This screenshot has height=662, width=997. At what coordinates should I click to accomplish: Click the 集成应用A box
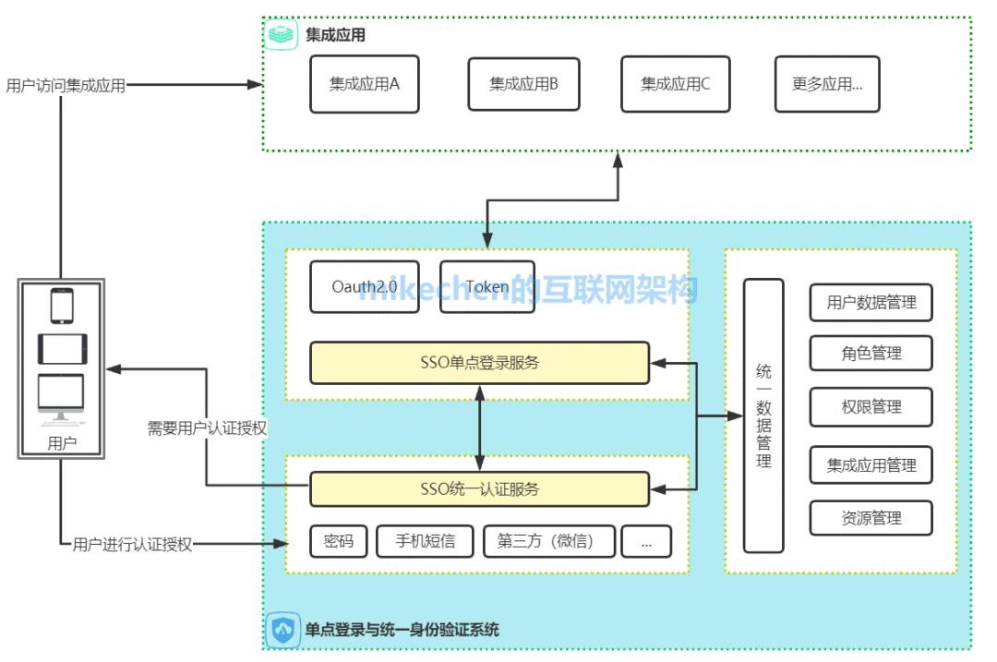pyautogui.click(x=364, y=84)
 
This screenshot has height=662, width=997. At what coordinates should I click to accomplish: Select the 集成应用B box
pyautogui.click(x=523, y=84)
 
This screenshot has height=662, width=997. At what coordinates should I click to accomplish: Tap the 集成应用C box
pyautogui.click(x=676, y=84)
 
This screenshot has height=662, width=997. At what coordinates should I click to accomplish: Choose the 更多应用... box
pyautogui.click(x=827, y=84)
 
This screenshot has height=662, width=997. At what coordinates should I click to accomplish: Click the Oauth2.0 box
pyautogui.click(x=365, y=287)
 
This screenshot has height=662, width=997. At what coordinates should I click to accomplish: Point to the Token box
pyautogui.click(x=487, y=287)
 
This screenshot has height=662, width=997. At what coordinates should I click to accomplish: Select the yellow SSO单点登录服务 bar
pyautogui.click(x=479, y=363)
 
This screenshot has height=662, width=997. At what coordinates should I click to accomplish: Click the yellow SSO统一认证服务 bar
pyautogui.click(x=479, y=489)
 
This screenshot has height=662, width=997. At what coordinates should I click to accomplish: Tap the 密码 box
pyautogui.click(x=339, y=542)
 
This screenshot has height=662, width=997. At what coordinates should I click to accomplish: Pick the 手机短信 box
pyautogui.click(x=426, y=542)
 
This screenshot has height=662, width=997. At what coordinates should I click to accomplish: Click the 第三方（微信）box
pyautogui.click(x=549, y=542)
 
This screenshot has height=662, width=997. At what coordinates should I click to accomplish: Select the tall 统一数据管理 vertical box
pyautogui.click(x=763, y=415)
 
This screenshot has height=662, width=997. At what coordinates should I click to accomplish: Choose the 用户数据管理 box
pyautogui.click(x=871, y=303)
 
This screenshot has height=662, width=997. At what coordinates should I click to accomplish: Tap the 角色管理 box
pyautogui.click(x=871, y=353)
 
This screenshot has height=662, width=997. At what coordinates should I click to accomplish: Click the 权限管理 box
pyautogui.click(x=871, y=407)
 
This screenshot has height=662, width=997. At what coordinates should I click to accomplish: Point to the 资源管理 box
pyautogui.click(x=871, y=518)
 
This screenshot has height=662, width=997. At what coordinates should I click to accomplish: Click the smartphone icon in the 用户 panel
pyautogui.click(x=62, y=306)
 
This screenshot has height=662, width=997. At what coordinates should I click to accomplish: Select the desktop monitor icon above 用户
pyautogui.click(x=61, y=399)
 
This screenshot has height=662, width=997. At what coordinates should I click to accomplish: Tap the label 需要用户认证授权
pyautogui.click(x=208, y=428)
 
